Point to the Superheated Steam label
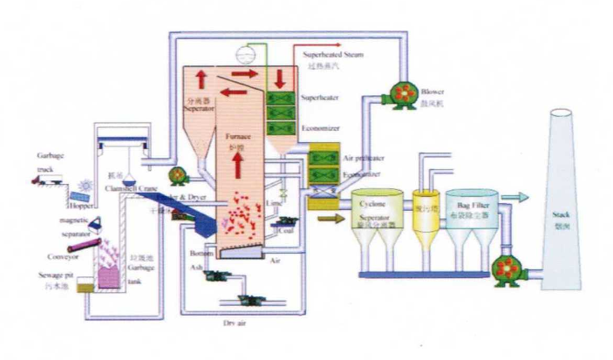coord(336,54)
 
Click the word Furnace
coord(239,137)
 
